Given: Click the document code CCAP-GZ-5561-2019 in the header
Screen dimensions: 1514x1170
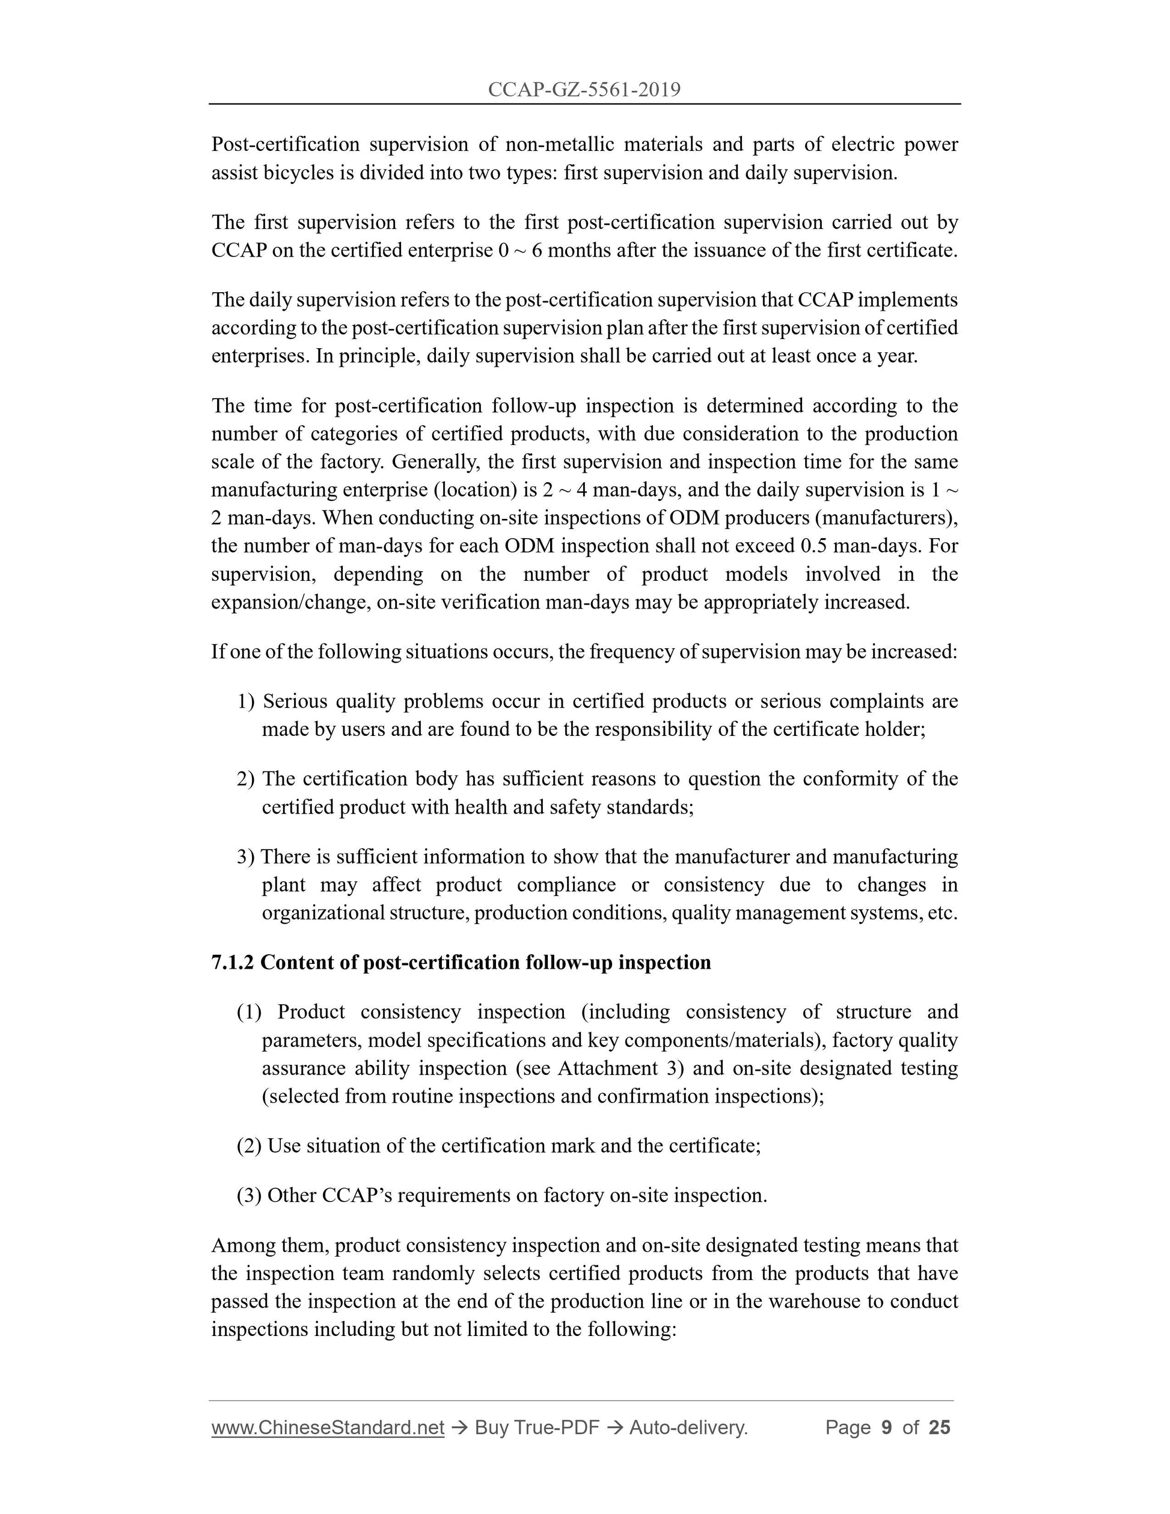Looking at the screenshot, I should click(x=584, y=90).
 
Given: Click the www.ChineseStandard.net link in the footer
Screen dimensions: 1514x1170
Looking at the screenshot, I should click(x=327, y=1427).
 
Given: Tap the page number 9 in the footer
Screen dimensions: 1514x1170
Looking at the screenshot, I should click(x=886, y=1427).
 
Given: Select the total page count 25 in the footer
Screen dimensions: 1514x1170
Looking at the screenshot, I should click(x=939, y=1427).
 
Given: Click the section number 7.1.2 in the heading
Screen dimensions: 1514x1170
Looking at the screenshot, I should click(x=233, y=962).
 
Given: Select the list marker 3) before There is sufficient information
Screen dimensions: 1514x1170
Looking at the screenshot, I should click(x=246, y=857).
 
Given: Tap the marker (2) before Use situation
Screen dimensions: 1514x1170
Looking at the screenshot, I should click(x=249, y=1146).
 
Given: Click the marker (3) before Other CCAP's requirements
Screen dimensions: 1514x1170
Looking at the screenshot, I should click(x=249, y=1195).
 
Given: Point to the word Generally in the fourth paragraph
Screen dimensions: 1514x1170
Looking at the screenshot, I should click(x=436, y=462).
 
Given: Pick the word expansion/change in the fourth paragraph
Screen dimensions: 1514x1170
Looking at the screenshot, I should click(x=290, y=602).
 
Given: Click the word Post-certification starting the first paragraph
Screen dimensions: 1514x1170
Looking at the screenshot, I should click(x=286, y=144).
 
